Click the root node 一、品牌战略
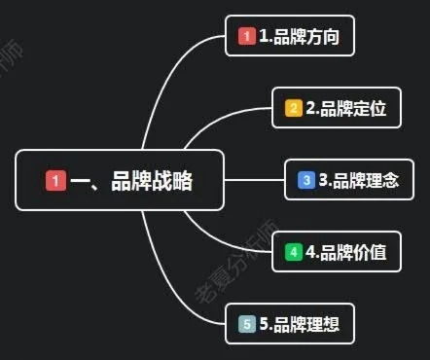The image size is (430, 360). click(x=121, y=180)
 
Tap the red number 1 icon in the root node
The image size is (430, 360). click(x=56, y=180)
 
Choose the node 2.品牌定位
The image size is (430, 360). click(x=336, y=108)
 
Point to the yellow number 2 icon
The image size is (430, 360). click(x=293, y=108)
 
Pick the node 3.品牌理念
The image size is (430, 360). click(x=347, y=180)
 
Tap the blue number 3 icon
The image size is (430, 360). click(x=305, y=180)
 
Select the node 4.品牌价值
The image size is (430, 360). click(x=336, y=252)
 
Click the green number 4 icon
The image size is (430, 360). click(x=293, y=252)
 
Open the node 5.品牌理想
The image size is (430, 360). click(x=288, y=324)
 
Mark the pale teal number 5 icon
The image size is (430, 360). click(x=247, y=324)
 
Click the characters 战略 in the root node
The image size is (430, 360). click(x=176, y=180)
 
